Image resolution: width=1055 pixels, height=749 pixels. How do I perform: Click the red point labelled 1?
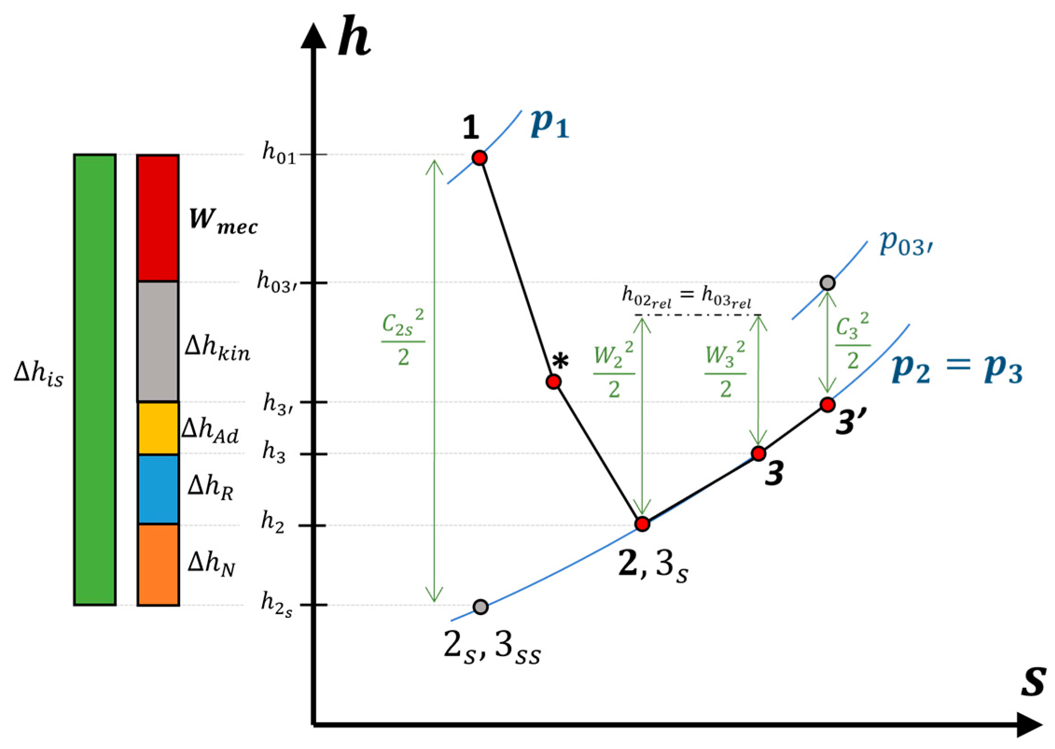pyautogui.click(x=479, y=158)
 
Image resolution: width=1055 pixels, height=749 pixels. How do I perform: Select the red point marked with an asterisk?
pyautogui.click(x=553, y=382)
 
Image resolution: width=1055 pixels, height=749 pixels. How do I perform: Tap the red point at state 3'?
pyautogui.click(x=827, y=405)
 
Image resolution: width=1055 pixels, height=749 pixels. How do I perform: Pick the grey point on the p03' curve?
pyautogui.click(x=827, y=283)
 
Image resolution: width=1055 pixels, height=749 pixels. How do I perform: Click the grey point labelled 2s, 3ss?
pyautogui.click(x=480, y=607)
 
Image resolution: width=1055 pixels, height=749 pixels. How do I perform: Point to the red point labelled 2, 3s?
pyautogui.click(x=642, y=524)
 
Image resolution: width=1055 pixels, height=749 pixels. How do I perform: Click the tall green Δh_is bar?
pyautogui.click(x=95, y=379)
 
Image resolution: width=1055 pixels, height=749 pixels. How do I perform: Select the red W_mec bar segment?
pyautogui.click(x=158, y=218)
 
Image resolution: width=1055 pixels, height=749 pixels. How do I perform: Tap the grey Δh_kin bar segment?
pyautogui.click(x=158, y=341)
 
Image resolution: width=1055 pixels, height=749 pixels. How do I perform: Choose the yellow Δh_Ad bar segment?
pyautogui.click(x=158, y=428)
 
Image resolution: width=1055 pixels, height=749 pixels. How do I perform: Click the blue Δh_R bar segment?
pyautogui.click(x=158, y=489)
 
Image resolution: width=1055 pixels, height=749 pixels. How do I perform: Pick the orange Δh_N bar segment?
pyautogui.click(x=158, y=565)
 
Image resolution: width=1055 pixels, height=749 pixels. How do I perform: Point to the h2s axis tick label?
pyautogui.click(x=277, y=605)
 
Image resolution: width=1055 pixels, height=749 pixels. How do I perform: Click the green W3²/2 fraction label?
pyautogui.click(x=725, y=369)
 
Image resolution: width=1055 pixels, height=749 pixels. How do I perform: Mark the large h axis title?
pyautogui.click(x=354, y=37)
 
